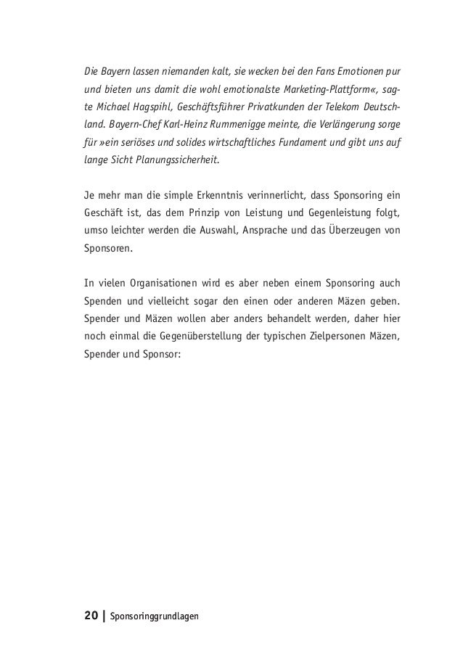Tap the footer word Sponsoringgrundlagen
point(153,617)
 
